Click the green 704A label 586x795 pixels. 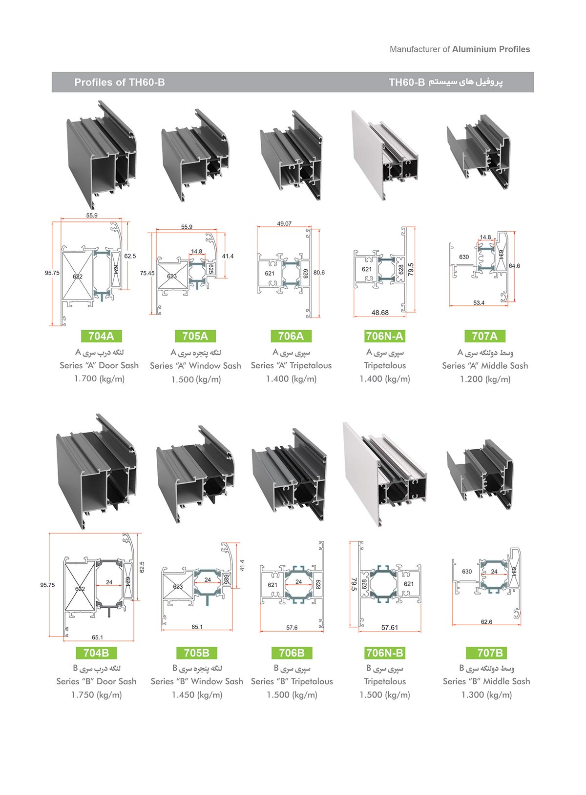101,336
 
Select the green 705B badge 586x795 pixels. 197,653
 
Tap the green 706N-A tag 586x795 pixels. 385,336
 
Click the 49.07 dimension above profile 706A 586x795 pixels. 284,224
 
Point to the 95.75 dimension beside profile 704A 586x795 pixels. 52,273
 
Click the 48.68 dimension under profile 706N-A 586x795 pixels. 380,313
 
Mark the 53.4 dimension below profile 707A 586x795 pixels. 479,303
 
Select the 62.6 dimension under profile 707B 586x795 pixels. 486,622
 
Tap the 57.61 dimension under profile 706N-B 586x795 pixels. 390,628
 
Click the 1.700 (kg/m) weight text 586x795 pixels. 99,379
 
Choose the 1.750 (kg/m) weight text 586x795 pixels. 96,695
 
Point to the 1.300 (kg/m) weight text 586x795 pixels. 486,695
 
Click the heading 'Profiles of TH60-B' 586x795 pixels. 120,82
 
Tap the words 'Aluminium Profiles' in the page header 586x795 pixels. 491,49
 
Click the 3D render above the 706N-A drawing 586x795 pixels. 385,155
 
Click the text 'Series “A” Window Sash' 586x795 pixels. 195,366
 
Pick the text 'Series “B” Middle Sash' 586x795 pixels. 486,681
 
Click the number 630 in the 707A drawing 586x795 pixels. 464,257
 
